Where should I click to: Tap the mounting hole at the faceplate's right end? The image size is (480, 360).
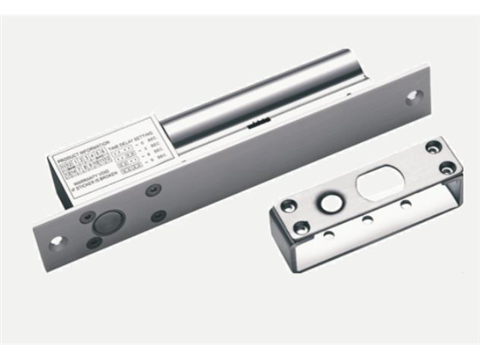pyautogui.click(x=413, y=97)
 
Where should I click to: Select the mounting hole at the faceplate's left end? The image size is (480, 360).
pyautogui.click(x=57, y=241)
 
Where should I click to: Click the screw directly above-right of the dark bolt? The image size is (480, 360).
pyautogui.click(x=154, y=190)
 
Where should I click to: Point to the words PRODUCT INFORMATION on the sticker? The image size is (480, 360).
pyautogui.click(x=79, y=159)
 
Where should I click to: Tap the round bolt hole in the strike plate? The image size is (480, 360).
pyautogui.click(x=328, y=203)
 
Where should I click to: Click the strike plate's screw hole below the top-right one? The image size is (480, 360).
pyautogui.click(x=447, y=167)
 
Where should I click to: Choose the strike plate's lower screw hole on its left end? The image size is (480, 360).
pyautogui.click(x=302, y=227)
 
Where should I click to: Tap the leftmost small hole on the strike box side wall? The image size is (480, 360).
pyautogui.click(x=328, y=234)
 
